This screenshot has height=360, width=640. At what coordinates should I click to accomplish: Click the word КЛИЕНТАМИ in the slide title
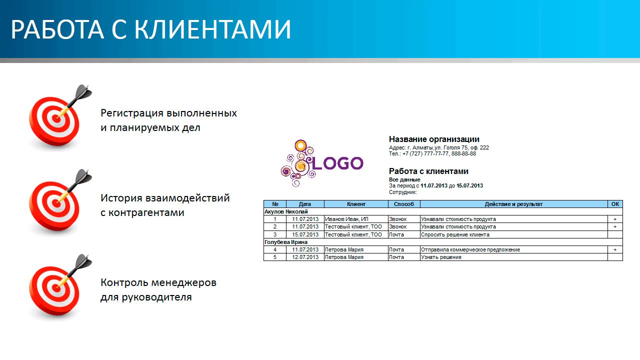click(213, 29)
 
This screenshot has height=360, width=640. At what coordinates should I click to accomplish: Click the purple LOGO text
click(337, 163)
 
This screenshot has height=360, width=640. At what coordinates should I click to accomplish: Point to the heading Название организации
click(434, 139)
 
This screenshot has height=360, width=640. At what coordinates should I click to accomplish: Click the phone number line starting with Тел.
click(432, 153)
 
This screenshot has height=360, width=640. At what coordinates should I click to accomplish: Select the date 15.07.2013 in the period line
click(469, 185)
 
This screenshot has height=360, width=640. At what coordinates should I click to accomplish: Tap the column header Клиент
click(356, 204)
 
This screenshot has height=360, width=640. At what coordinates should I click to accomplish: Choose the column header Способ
click(403, 204)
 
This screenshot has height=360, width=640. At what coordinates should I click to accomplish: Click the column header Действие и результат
click(513, 204)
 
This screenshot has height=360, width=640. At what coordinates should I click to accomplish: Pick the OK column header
click(615, 204)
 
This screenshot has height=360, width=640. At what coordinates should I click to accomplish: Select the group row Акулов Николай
click(286, 211)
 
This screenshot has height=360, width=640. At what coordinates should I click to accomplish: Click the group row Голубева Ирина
click(285, 242)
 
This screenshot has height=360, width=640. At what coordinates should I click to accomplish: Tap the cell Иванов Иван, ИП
click(346, 219)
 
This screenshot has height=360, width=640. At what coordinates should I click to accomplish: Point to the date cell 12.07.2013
click(305, 257)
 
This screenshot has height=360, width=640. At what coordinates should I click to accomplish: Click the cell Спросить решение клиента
click(455, 234)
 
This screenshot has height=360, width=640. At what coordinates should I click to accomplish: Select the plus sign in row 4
click(615, 249)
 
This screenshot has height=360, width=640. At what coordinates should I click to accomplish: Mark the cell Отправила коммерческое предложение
click(470, 249)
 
